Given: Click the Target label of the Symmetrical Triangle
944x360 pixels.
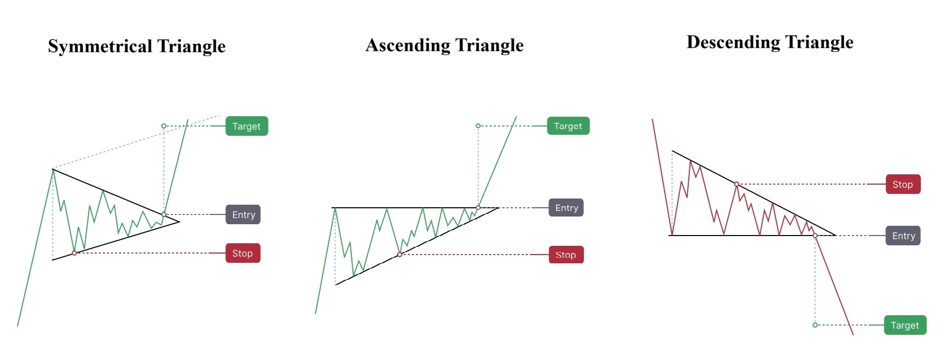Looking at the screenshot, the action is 247,126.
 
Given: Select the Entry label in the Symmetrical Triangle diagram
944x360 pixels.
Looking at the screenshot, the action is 243,214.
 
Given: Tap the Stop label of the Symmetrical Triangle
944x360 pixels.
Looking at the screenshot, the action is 243,253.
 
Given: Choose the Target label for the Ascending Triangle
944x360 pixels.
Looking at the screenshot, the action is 568,126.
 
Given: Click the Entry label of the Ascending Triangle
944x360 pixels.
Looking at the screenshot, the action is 566,208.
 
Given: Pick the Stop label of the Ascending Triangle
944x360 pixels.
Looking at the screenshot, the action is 566,255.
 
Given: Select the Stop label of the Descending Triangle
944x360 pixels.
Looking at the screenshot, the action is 903,184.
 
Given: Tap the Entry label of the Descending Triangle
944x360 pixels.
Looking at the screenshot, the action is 903,236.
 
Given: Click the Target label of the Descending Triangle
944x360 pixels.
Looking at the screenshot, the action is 905,325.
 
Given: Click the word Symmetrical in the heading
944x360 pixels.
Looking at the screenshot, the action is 100,46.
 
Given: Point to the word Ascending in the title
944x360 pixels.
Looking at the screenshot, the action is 408,45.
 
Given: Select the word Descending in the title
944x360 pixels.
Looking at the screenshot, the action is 734,42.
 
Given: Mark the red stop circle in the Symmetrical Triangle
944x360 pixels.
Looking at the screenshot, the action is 75,253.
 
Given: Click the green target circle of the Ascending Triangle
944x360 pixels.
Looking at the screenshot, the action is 478,126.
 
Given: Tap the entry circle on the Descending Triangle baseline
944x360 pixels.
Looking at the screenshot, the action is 815,236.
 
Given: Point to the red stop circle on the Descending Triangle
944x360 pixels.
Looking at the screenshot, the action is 737,184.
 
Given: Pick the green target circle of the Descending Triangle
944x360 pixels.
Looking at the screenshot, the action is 815,325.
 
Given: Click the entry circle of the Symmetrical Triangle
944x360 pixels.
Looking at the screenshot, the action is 164,214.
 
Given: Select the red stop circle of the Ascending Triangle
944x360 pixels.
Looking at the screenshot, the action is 400,255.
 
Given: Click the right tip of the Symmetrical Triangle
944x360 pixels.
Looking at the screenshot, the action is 180,222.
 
